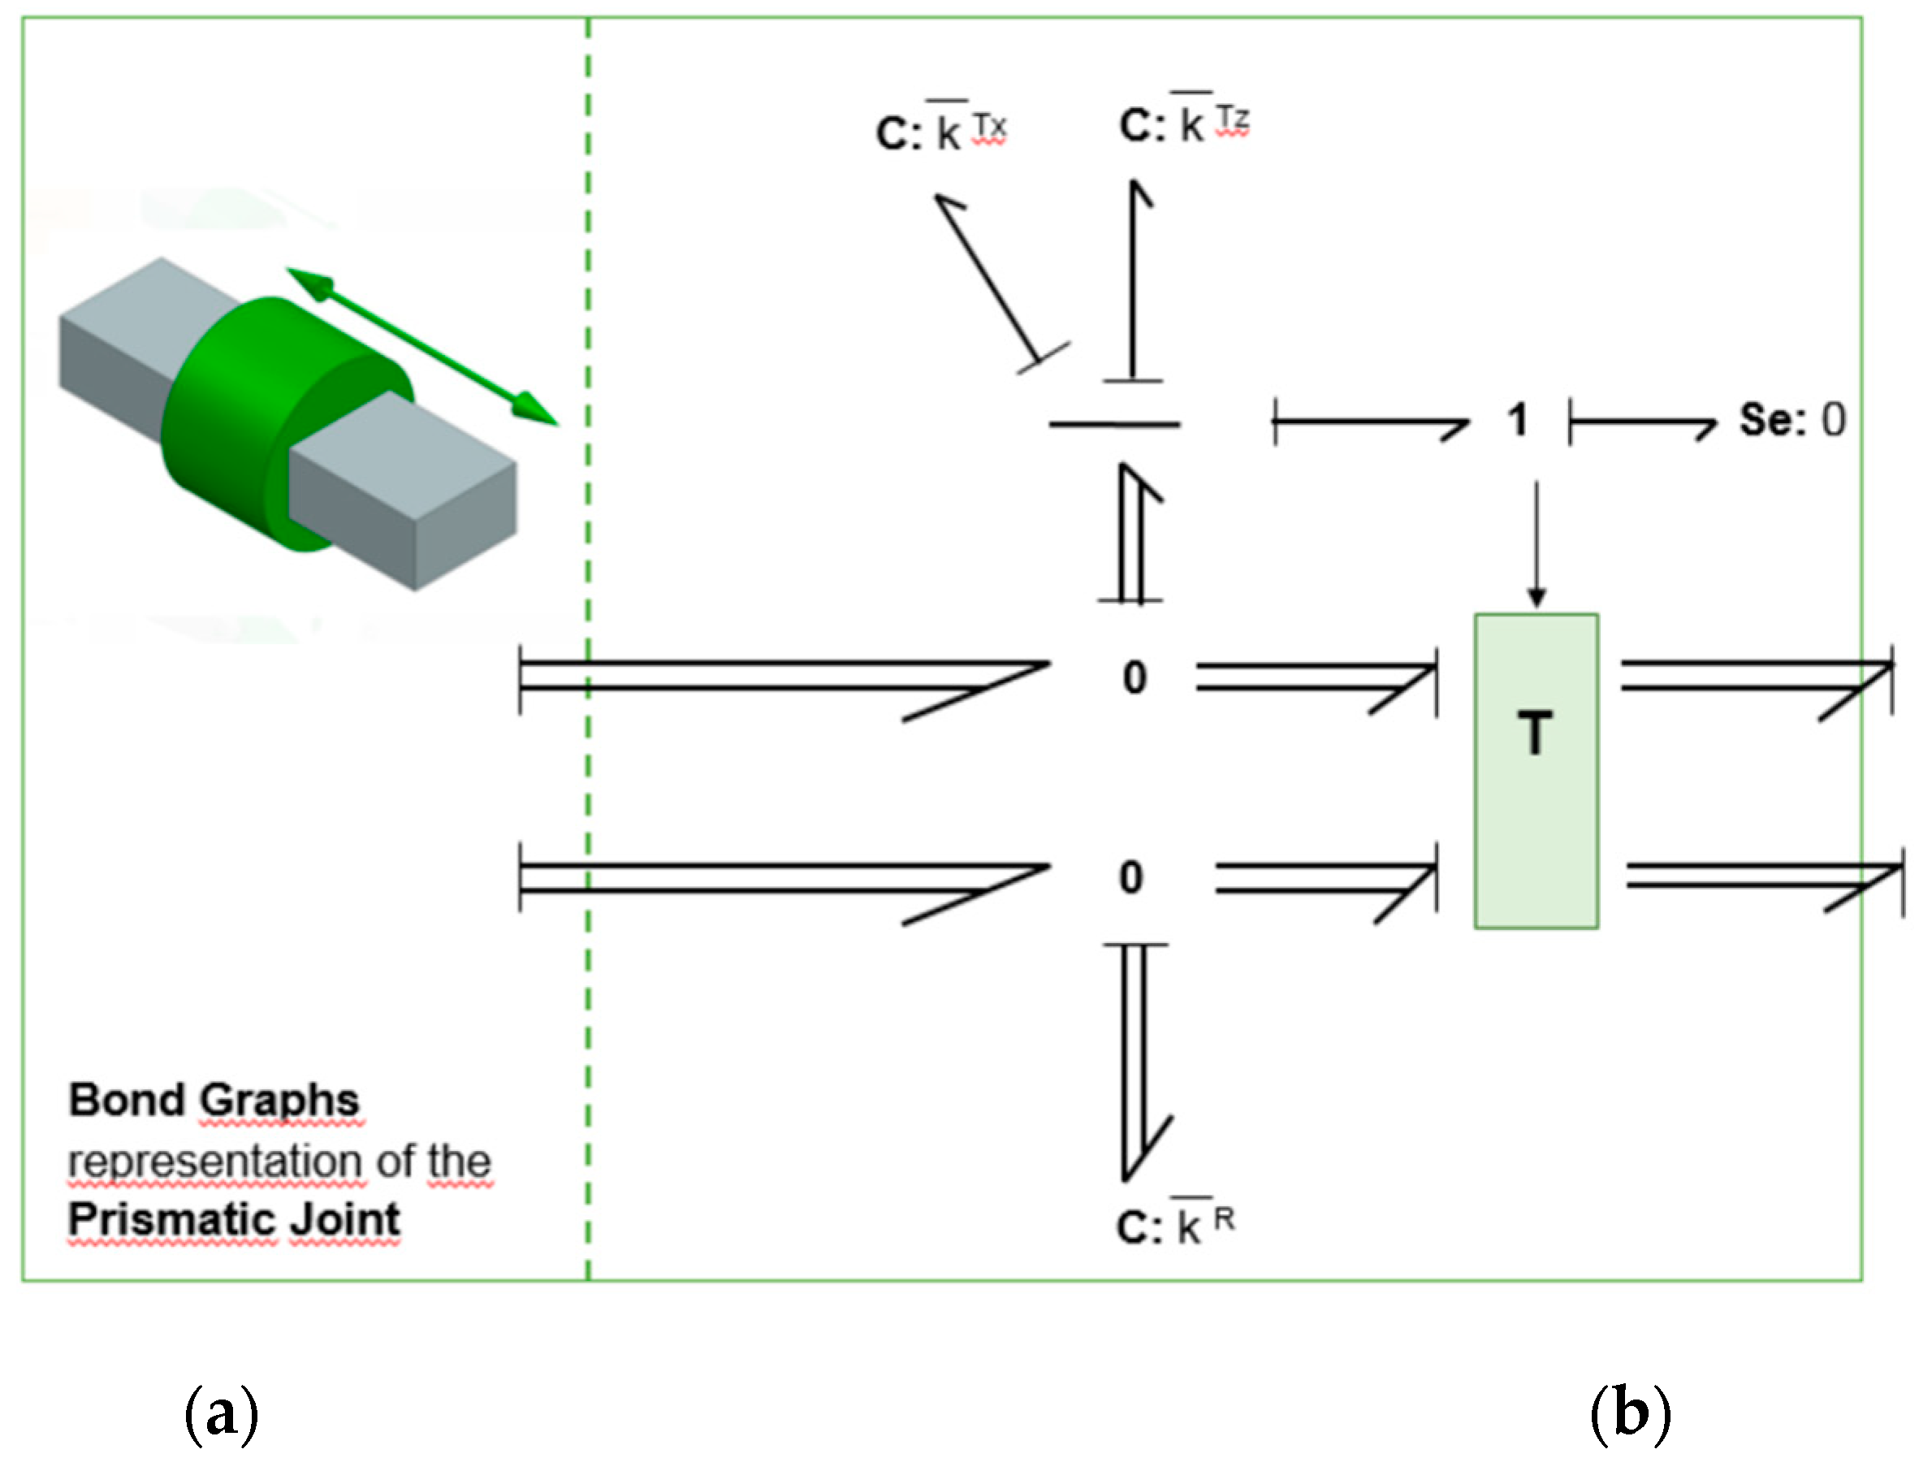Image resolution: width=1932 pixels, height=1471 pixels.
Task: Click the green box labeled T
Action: click(x=1536, y=771)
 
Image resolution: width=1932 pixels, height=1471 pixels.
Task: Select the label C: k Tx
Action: click(x=941, y=132)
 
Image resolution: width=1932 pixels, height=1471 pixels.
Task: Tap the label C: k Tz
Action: click(x=1183, y=123)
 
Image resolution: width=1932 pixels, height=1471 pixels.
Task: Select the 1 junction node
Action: click(x=1517, y=420)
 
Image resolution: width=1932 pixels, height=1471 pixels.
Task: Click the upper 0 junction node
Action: click(x=1135, y=677)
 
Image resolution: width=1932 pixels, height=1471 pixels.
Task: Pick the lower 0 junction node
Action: click(x=1131, y=877)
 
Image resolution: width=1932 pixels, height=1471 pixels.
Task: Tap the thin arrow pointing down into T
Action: click(x=1537, y=543)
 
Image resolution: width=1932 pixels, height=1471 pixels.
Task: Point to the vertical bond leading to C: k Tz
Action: click(x=1134, y=280)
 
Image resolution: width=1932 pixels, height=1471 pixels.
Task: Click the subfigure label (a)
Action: click(x=222, y=1413)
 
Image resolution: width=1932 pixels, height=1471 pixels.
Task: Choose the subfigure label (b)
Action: click(x=1630, y=1413)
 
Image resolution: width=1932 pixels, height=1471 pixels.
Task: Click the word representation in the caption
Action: click(x=214, y=1161)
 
